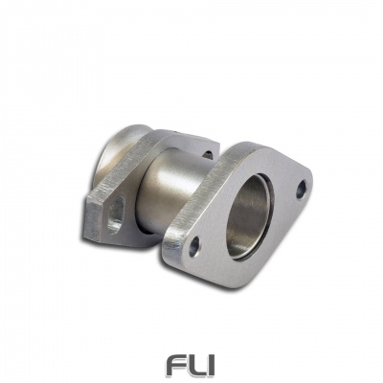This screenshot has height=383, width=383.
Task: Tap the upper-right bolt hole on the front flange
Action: (300, 189)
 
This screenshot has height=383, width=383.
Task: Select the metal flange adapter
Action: (201, 201)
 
